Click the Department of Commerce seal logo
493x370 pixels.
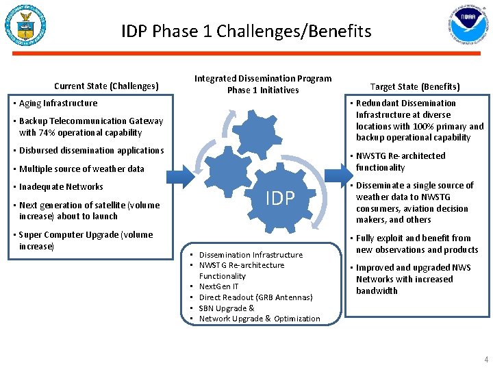[25, 26]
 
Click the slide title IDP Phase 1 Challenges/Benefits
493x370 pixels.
[246, 32]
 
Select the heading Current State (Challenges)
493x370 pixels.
[106, 86]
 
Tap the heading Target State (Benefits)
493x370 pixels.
[415, 86]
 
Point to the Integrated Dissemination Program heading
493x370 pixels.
[263, 84]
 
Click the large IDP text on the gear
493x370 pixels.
[280, 198]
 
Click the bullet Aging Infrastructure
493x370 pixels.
[58, 103]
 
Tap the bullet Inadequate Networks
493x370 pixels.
[61, 187]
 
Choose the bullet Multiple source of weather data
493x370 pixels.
[81, 169]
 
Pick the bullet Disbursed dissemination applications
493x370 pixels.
[91, 151]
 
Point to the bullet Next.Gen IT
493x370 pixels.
[218, 286]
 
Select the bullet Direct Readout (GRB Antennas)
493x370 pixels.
[255, 297]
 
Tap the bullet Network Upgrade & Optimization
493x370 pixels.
[259, 319]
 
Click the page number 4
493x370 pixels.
[486, 359]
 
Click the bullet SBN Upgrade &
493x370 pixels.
[226, 308]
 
